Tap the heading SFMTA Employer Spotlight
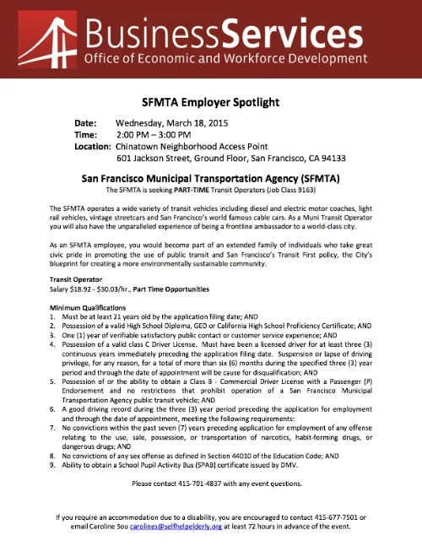[x=210, y=102]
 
